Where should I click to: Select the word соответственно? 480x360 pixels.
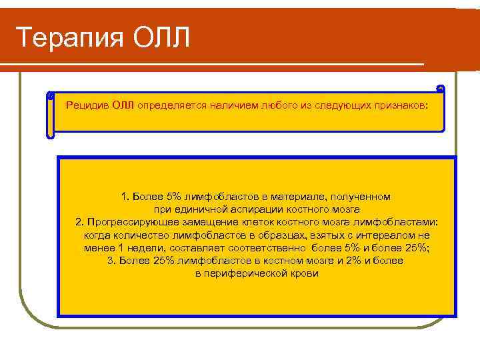pos(271,248)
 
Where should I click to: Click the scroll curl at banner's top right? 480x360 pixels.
pos(439,89)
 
